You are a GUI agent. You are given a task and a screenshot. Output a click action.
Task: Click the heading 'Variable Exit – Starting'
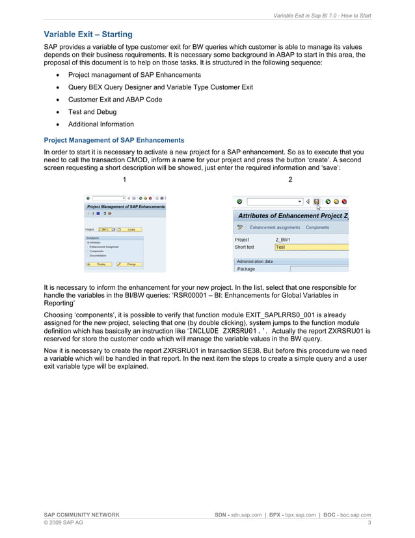pos(88,34)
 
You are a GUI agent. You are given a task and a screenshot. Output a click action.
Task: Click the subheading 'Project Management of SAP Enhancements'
pos(114,140)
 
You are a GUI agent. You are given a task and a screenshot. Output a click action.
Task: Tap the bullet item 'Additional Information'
pos(101,124)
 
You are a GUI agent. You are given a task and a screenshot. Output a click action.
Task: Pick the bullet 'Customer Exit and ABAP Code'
pos(115,100)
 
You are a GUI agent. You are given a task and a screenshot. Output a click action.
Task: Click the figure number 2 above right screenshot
pos(290,179)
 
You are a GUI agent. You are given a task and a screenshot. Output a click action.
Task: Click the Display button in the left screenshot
pos(101,264)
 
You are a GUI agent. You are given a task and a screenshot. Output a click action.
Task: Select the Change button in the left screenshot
pos(131,264)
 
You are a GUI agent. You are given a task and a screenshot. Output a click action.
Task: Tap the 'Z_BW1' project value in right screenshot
pos(283,240)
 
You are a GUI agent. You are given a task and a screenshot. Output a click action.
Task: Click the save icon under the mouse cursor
pos(317,202)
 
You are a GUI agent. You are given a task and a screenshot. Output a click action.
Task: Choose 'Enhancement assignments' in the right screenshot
pos(275,227)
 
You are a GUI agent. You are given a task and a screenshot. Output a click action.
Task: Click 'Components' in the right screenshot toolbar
pos(317,227)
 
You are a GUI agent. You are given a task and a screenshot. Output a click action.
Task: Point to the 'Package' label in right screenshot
pos(246,268)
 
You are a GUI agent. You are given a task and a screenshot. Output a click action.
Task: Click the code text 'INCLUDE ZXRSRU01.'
pos(228,331)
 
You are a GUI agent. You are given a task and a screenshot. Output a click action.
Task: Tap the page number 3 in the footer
pos(369,522)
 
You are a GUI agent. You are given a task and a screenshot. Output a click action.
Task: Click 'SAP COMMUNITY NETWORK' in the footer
pos(81,515)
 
